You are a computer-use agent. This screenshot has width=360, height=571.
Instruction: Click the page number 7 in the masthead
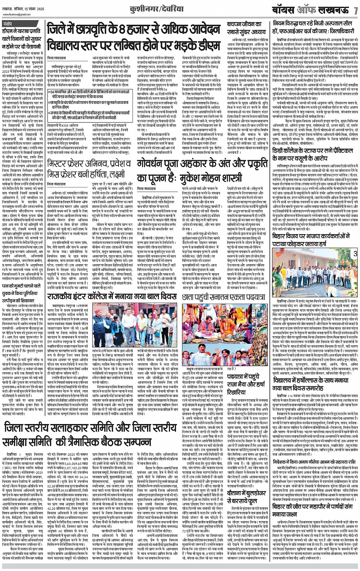point(355,10)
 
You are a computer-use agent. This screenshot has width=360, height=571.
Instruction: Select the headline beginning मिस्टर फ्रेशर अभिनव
point(90,175)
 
